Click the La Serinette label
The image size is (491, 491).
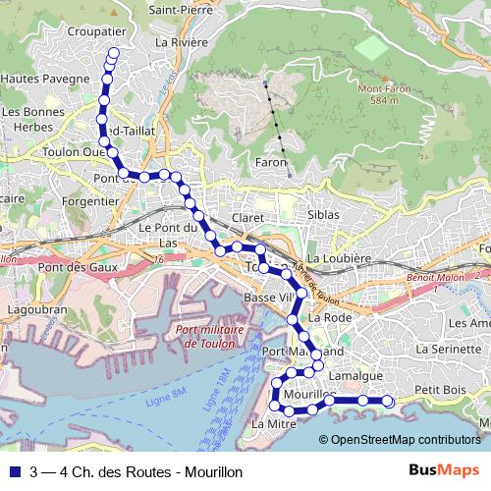[x=446, y=349]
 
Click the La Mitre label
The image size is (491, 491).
[x=273, y=424]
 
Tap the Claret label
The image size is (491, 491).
[x=245, y=218]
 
